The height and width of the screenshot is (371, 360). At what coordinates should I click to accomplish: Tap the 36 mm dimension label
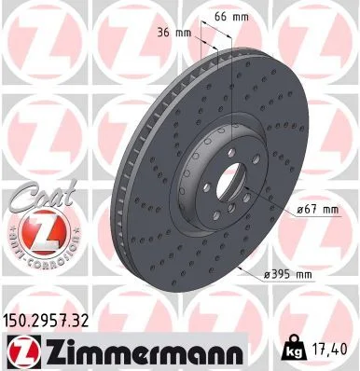(175, 34)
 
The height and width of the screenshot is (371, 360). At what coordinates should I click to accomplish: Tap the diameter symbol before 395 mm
(269, 272)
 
